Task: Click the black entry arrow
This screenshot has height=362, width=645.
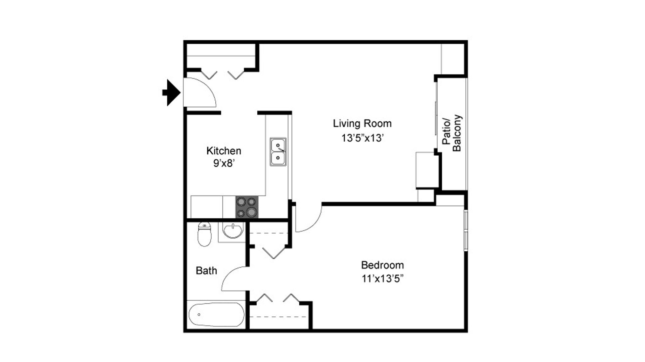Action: click(x=172, y=93)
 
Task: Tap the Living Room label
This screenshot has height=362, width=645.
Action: click(x=362, y=123)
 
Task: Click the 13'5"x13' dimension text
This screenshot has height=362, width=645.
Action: click(x=362, y=138)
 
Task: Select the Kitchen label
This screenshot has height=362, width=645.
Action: click(x=223, y=151)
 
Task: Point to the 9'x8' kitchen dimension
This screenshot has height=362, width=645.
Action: click(x=223, y=163)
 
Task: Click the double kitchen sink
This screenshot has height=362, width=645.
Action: click(x=278, y=152)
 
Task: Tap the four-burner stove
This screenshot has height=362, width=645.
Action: click(x=247, y=207)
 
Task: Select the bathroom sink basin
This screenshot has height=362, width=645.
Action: click(x=232, y=231)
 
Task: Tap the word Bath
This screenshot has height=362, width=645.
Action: click(x=206, y=271)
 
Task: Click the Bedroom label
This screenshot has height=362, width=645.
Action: click(x=382, y=265)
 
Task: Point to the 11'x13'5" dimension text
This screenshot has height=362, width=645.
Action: click(x=382, y=279)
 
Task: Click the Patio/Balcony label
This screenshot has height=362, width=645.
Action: click(x=452, y=134)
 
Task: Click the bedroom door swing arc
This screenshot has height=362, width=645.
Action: click(x=309, y=220)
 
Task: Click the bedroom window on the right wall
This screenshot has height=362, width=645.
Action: click(x=466, y=230)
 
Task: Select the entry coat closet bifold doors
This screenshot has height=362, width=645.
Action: click(x=222, y=74)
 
